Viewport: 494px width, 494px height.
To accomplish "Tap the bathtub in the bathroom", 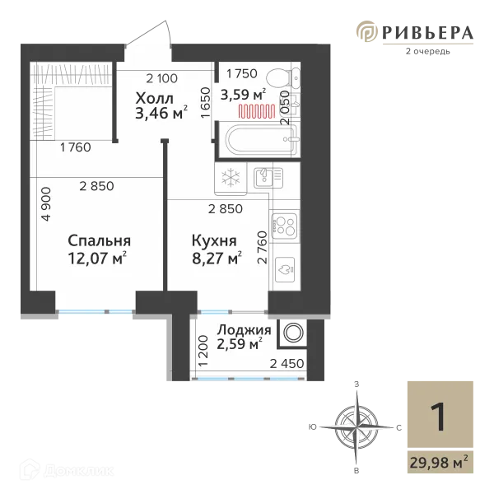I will pos(254,141).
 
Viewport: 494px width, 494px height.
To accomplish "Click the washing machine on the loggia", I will pos(292,333).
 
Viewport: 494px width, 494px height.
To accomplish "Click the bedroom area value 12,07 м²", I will pos(100,259).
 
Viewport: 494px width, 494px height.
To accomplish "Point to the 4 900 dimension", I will pos(47,204).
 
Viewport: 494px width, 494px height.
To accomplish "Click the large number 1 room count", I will pos(439,416).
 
